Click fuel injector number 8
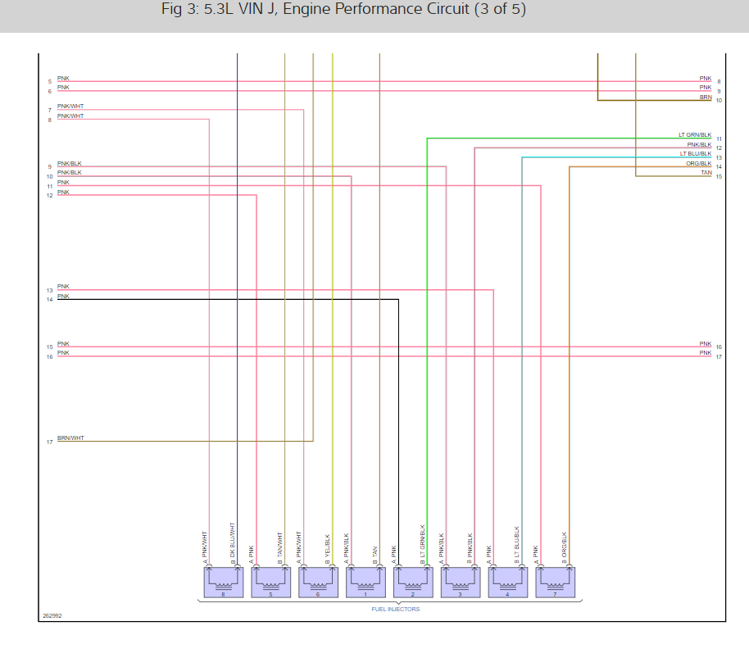point(223,582)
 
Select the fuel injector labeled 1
point(365,582)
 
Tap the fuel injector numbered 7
point(555,582)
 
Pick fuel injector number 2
point(413,582)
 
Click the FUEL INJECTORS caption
point(395,609)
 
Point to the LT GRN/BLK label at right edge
point(694,134)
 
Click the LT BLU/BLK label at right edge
point(694,153)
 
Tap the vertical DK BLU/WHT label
point(233,541)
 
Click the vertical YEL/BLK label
point(327,546)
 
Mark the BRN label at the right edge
point(706,97)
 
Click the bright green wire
point(427,328)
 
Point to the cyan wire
point(522,328)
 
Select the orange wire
point(570,328)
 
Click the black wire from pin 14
point(246,300)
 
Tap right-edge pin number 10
point(719,100)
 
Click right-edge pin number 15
point(719,176)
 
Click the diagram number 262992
point(52,614)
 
